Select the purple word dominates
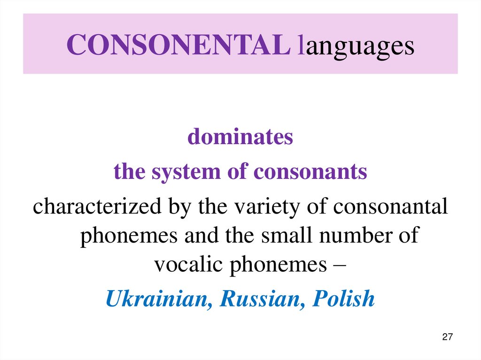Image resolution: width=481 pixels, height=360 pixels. (x=240, y=137)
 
